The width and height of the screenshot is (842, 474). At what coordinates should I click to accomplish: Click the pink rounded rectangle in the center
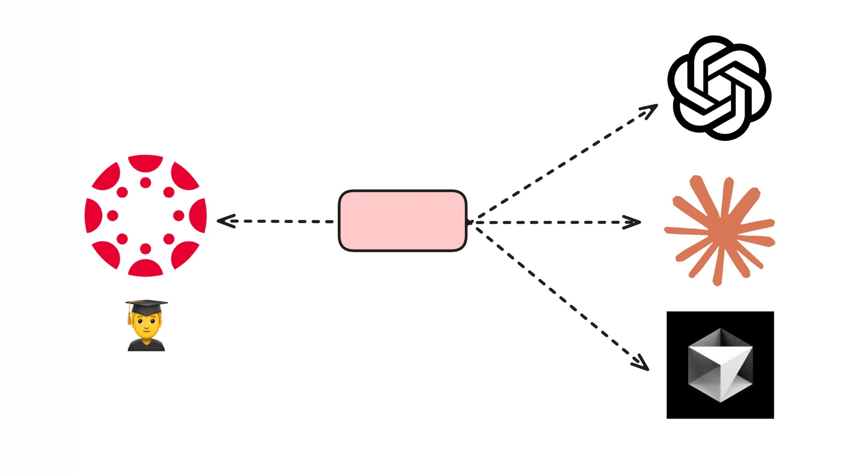click(x=402, y=221)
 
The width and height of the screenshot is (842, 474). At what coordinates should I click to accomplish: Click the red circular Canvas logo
click(x=146, y=215)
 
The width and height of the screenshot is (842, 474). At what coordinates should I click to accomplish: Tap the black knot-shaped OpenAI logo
click(x=719, y=88)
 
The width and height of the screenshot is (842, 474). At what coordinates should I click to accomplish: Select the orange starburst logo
click(x=720, y=230)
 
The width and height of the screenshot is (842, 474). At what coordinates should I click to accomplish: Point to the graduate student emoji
click(x=146, y=326)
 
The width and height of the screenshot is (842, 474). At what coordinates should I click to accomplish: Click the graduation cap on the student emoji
click(x=146, y=306)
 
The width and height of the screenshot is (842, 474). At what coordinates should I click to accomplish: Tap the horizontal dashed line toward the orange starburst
click(x=553, y=223)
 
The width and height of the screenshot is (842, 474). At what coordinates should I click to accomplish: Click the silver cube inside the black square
click(x=720, y=365)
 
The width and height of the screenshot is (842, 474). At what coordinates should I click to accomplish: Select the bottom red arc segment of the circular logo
click(x=146, y=269)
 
